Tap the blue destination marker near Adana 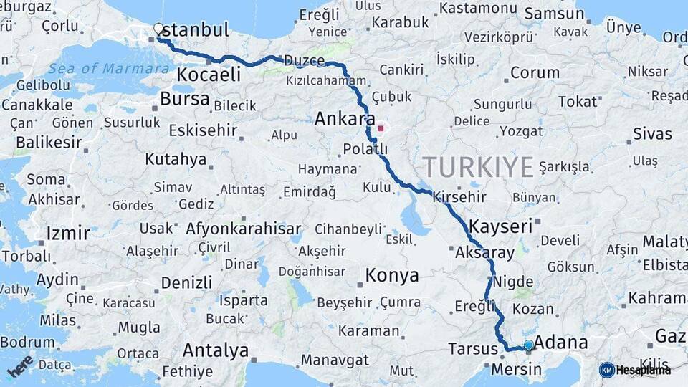(x=529, y=345)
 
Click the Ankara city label (x=345, y=118)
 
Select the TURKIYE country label (x=478, y=167)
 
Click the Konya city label (x=391, y=274)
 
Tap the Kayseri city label (x=501, y=226)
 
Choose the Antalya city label (x=215, y=350)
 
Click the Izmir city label (x=68, y=233)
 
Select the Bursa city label (x=185, y=99)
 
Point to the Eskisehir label (x=203, y=130)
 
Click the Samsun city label (x=554, y=14)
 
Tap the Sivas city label (x=652, y=134)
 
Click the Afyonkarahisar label (x=244, y=229)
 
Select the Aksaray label (x=484, y=252)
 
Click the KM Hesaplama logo (x=635, y=370)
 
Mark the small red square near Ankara (x=381, y=130)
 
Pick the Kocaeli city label (x=208, y=75)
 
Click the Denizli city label (x=186, y=282)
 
